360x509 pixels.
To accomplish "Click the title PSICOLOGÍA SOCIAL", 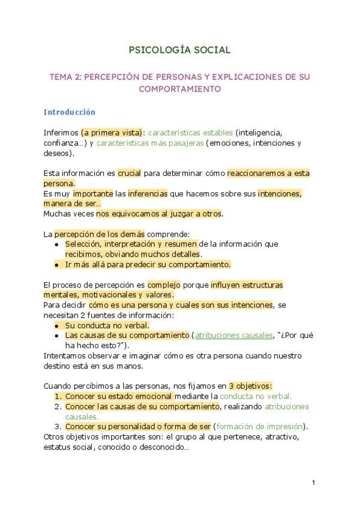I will pyautogui.click(x=179, y=50).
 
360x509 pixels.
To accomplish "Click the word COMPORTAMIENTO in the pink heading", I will pyautogui.click(x=180, y=89).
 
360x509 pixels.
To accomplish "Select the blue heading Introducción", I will pyautogui.click(x=69, y=112).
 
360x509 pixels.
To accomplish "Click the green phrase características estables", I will pyautogui.click(x=190, y=132).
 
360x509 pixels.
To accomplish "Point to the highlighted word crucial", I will pyautogui.click(x=129, y=173).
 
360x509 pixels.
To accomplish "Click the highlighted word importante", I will pyautogui.click(x=92, y=193).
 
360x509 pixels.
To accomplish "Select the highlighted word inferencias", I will pyautogui.click(x=149, y=193).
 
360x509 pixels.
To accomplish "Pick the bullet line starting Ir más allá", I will pyautogui.click(x=148, y=264).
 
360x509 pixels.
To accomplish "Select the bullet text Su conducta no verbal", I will pyautogui.click(x=107, y=325).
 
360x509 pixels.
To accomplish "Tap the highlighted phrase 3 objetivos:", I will pyautogui.click(x=251, y=386).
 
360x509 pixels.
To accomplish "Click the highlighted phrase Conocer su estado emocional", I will pyautogui.click(x=119, y=396).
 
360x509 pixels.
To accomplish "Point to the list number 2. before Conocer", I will pyautogui.click(x=58, y=406).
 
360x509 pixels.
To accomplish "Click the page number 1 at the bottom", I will pyautogui.click(x=313, y=482).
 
